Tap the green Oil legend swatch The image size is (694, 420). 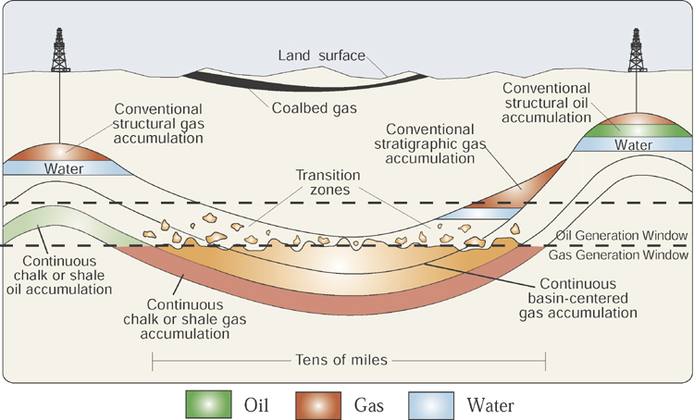tap(208, 404)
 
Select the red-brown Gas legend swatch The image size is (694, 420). tap(318, 404)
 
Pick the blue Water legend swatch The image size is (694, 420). tap(431, 404)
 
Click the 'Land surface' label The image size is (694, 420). tap(322, 56)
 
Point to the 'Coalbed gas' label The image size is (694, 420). tap(315, 108)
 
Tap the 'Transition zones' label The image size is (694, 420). tap(328, 182)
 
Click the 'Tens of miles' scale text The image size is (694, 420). tap(341, 360)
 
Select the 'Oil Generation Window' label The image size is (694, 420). tap(622, 236)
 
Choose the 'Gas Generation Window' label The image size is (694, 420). tap(619, 255)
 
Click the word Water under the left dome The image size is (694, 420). tap(64, 168)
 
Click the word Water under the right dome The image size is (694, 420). tap(633, 144)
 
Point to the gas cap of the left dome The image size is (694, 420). tap(58, 152)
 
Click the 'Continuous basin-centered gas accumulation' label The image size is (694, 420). tap(578, 298)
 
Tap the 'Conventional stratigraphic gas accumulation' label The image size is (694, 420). tap(429, 143)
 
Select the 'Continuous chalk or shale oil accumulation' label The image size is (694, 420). tap(59, 276)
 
